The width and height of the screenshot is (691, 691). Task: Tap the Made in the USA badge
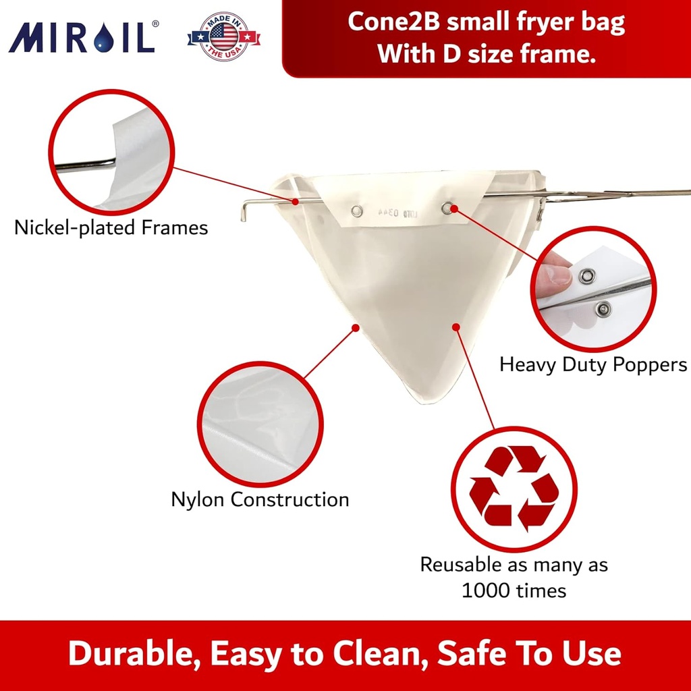[x=223, y=36]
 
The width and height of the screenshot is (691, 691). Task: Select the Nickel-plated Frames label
[x=111, y=227]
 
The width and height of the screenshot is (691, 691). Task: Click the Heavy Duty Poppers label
[x=593, y=364]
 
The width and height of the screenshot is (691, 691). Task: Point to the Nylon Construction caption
[x=260, y=499]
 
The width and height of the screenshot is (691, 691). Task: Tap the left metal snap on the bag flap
[x=357, y=211]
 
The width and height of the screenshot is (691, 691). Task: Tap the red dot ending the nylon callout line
[x=355, y=327]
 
